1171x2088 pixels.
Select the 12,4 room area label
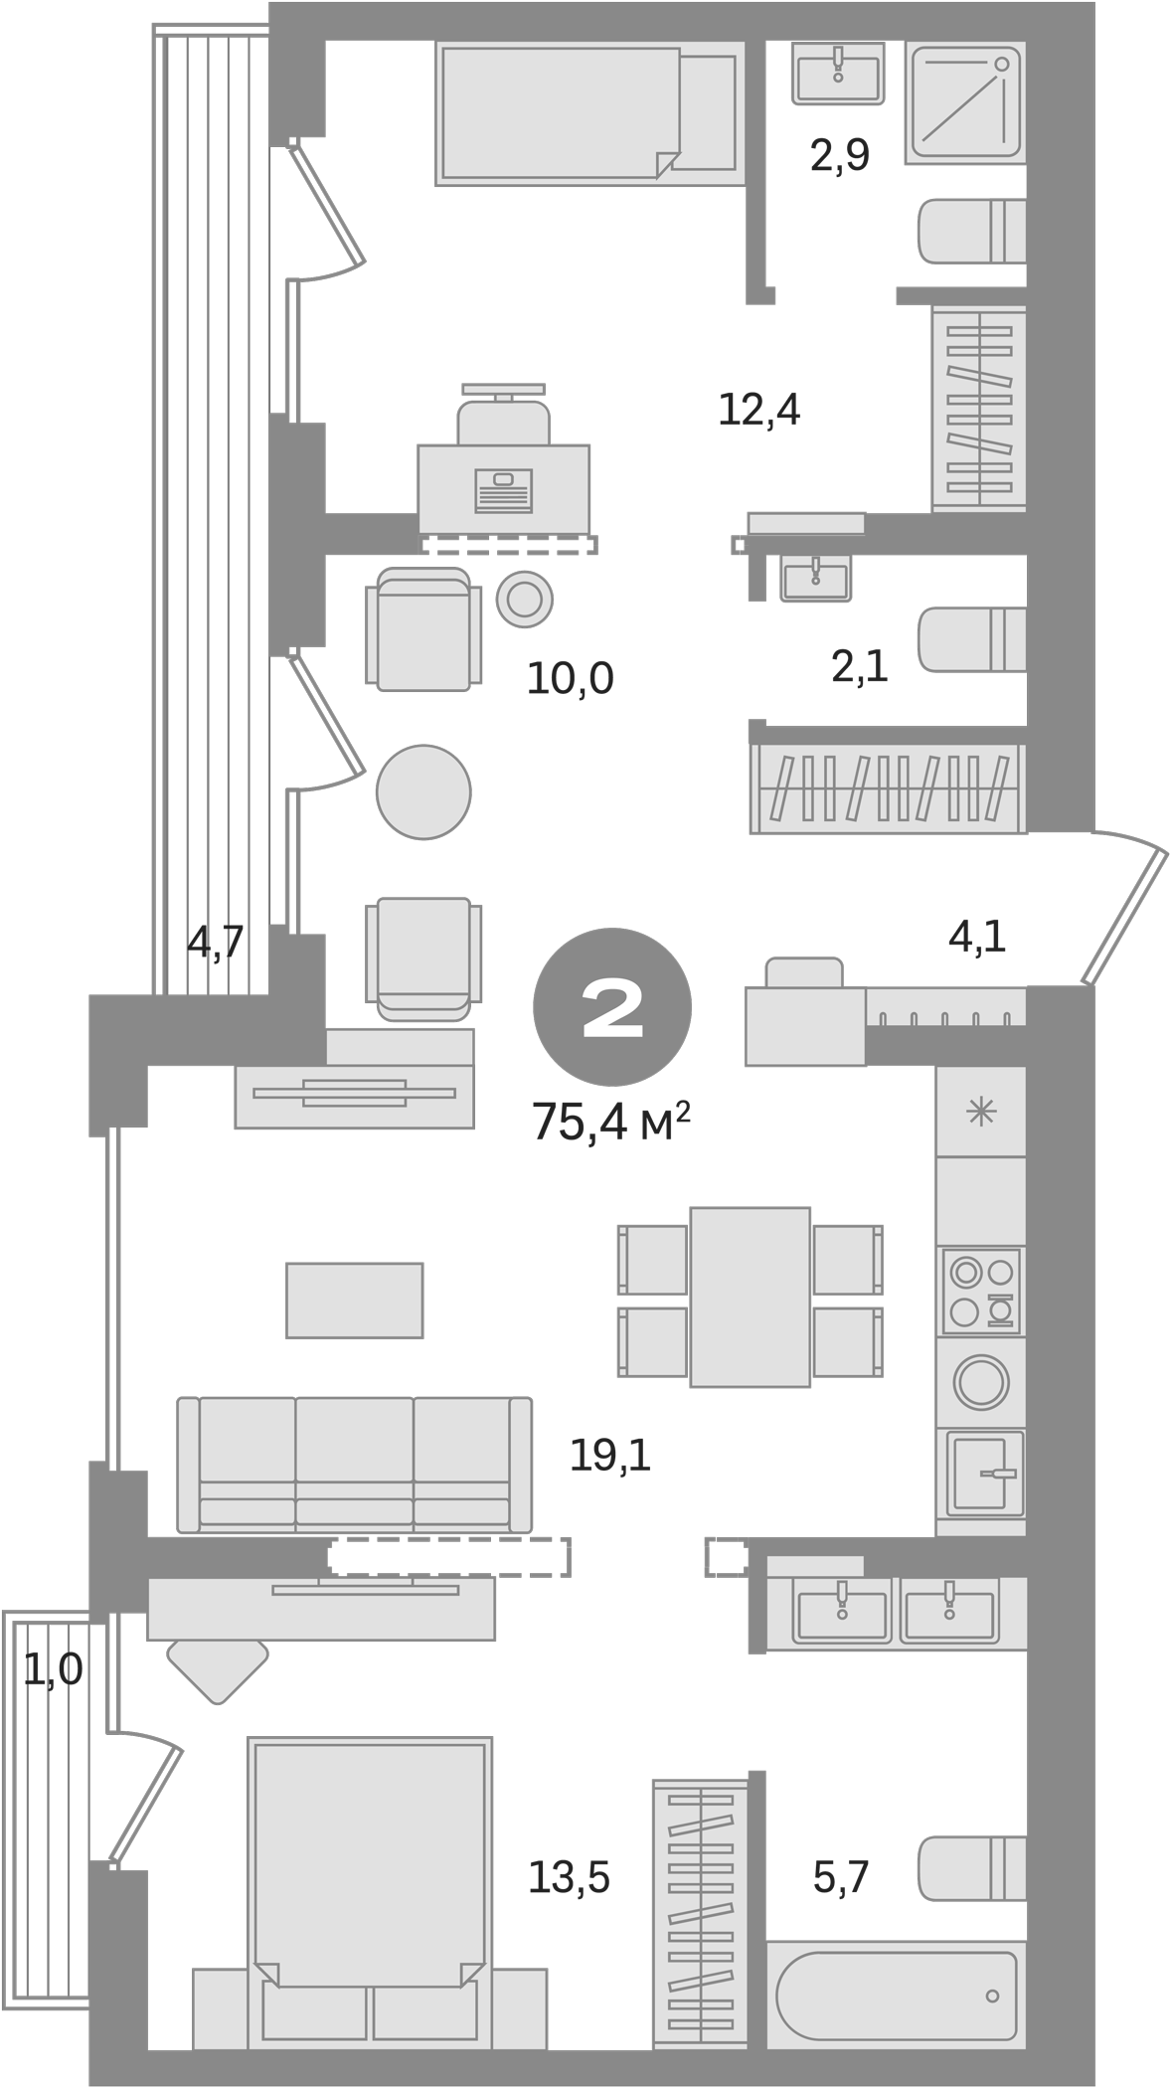coord(759,410)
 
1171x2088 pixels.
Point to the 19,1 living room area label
coord(610,1458)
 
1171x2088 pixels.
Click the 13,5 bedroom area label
coord(569,1877)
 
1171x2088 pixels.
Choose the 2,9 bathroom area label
coord(840,156)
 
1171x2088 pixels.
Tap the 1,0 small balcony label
coord(53,1670)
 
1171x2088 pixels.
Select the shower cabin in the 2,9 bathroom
coord(964,103)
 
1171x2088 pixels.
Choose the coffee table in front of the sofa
coord(355,1301)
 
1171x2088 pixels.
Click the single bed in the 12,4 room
coord(588,114)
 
